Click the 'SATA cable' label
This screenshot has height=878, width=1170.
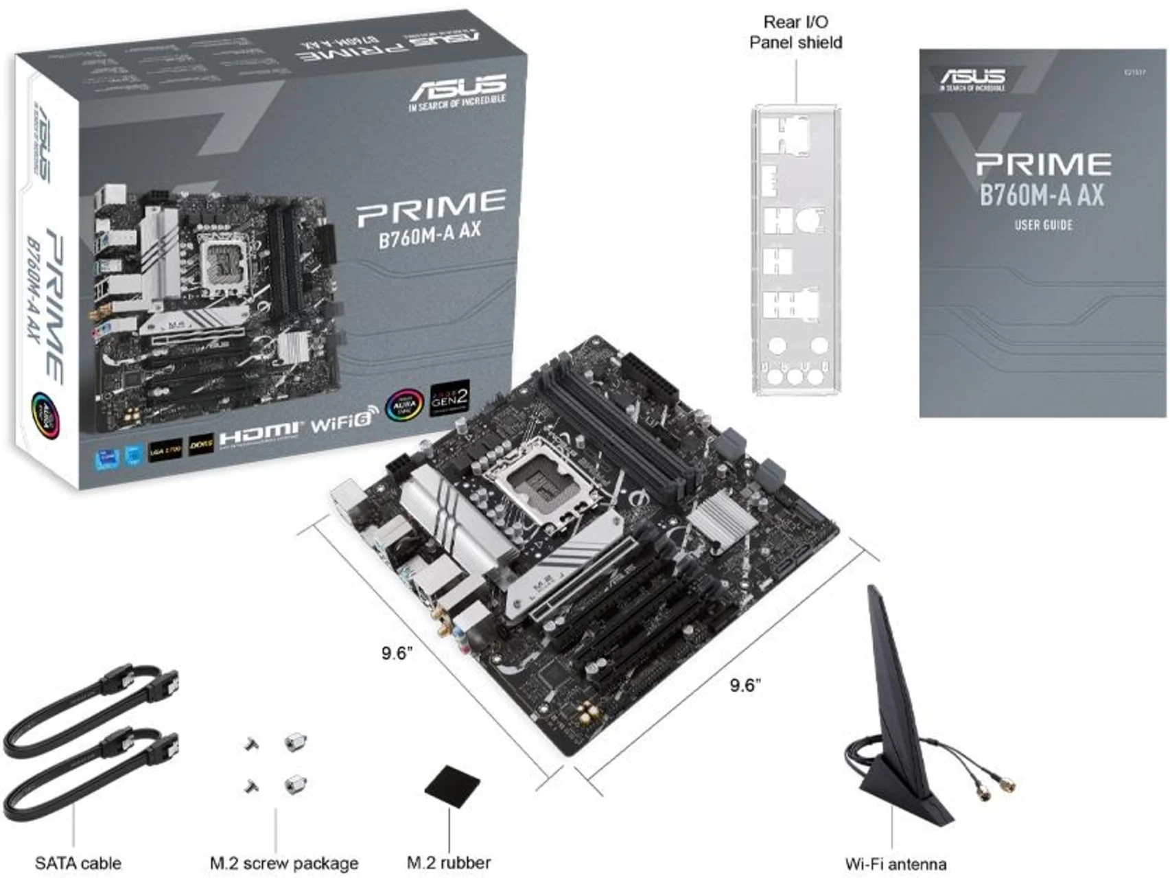[x=78, y=863]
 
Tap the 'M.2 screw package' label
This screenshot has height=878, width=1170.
[x=283, y=863]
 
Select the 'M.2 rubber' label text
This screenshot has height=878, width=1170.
[x=449, y=862]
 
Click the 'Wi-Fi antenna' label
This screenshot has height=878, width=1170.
[x=895, y=864]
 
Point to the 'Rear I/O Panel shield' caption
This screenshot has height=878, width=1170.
[x=795, y=32]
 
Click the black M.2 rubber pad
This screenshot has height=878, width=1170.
[x=452, y=784]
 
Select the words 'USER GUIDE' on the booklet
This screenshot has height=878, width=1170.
[x=1043, y=224]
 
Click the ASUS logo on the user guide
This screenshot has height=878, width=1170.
[x=972, y=78]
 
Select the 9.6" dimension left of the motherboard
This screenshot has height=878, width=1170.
[x=397, y=652]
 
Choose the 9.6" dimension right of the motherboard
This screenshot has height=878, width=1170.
[x=745, y=684]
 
